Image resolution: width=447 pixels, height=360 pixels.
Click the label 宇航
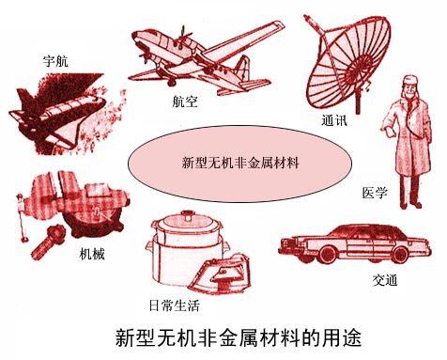55,61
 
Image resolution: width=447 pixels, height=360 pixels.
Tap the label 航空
185,102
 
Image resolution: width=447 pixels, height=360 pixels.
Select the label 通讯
334,120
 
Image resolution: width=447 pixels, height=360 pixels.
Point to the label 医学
375,193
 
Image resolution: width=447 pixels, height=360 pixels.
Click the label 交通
385,279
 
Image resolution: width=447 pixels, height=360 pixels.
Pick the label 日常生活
174,305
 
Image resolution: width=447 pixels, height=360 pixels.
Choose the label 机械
92,254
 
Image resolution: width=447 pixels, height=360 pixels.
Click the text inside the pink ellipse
240,163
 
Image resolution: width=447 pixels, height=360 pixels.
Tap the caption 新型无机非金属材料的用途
239,337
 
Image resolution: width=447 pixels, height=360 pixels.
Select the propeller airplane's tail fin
241,69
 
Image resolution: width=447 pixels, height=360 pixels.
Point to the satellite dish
347,63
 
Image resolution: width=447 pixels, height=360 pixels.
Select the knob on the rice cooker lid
187,216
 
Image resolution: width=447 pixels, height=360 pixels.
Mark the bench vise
73,205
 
